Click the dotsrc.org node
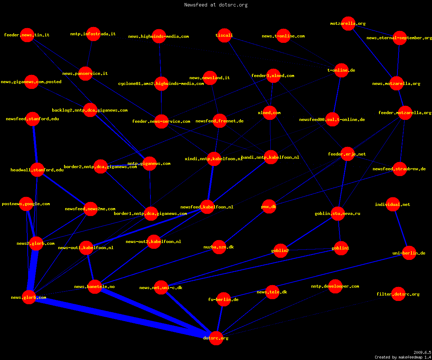click(x=216, y=338)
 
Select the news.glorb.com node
click(x=29, y=297)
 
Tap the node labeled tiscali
click(x=224, y=35)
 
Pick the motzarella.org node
click(x=348, y=24)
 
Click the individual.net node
click(x=393, y=204)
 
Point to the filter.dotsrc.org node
click(x=398, y=294)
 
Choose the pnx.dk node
click(x=269, y=207)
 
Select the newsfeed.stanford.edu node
click(x=33, y=119)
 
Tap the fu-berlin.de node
click(x=224, y=299)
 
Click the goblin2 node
click(x=280, y=251)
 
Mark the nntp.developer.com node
click(x=335, y=286)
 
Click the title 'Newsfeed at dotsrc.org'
click(x=216, y=5)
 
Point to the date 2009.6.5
click(x=422, y=352)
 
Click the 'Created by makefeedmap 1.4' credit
click(x=403, y=357)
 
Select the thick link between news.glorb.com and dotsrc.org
click(x=122, y=318)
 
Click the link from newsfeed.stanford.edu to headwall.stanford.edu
click(x=35, y=144)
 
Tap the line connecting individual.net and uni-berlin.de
click(x=401, y=229)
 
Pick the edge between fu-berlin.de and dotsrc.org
click(x=220, y=319)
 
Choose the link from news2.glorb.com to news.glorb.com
click(x=33, y=270)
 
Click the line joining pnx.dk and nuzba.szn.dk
click(x=244, y=227)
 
